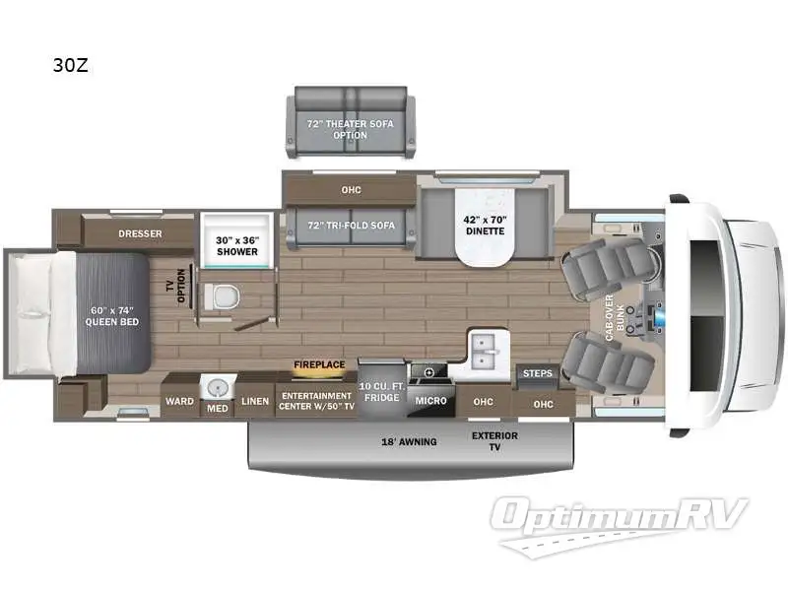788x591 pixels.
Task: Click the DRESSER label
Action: (x=140, y=233)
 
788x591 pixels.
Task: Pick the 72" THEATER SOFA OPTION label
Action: (x=349, y=130)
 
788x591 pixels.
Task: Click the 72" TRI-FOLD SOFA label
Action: (x=352, y=225)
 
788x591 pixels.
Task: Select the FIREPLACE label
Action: (x=319, y=364)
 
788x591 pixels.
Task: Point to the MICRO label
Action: (x=429, y=401)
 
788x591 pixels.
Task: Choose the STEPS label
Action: (x=537, y=373)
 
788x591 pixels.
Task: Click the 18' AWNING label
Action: (x=410, y=441)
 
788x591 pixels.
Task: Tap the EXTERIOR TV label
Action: (x=495, y=441)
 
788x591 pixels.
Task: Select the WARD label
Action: (x=179, y=401)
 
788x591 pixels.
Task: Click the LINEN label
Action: (x=255, y=401)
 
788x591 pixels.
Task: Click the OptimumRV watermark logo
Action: (x=622, y=517)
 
